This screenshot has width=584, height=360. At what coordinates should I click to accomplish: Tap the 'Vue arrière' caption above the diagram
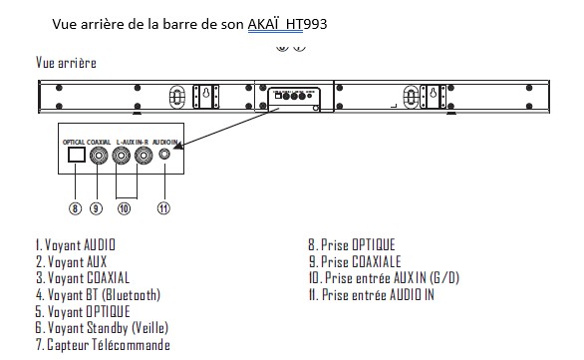click(x=66, y=63)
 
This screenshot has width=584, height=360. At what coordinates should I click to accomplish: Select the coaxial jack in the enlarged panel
click(x=98, y=159)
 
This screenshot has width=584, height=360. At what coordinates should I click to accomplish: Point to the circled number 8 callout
click(x=75, y=207)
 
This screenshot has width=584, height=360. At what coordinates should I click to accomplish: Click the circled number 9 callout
click(x=98, y=207)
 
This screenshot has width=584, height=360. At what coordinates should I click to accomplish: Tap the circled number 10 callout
click(x=126, y=207)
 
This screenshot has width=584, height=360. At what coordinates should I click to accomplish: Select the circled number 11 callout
click(x=164, y=207)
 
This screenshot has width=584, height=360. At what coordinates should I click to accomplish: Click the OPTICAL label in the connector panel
click(x=74, y=143)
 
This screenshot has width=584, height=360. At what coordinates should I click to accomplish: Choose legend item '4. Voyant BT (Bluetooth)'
click(x=97, y=294)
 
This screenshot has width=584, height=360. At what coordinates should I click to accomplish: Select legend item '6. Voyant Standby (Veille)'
click(x=101, y=328)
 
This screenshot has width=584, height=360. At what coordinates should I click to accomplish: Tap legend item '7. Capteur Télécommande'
click(x=102, y=345)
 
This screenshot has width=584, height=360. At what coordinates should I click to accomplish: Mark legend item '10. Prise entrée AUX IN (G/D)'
click(x=384, y=278)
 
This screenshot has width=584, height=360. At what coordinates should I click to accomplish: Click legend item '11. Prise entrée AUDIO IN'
click(x=371, y=294)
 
